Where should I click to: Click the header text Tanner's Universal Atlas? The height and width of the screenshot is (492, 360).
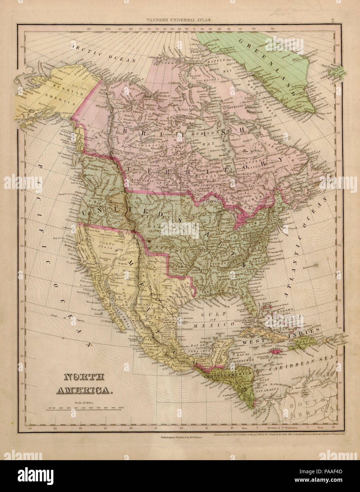(181, 21)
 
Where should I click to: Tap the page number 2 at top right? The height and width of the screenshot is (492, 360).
(333, 21)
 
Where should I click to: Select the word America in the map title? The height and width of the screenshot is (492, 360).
(85, 390)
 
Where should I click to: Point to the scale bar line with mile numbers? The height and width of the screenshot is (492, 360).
(85, 409)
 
